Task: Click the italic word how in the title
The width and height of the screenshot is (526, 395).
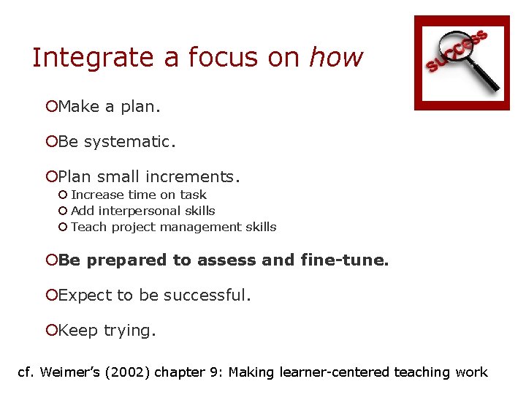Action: point(336,57)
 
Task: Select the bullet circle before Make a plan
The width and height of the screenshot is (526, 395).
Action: point(51,107)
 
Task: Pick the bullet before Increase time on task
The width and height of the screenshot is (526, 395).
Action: point(64,195)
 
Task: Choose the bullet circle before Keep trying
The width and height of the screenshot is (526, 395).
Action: point(51,331)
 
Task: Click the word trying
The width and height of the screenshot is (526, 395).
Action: point(129,331)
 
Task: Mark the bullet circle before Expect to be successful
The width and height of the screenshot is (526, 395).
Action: point(51,296)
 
